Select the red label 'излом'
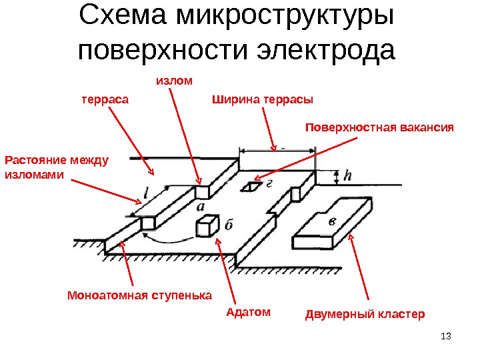click(173, 81)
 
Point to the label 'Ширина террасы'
click(262, 100)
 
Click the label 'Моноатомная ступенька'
click(139, 295)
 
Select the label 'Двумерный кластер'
click(364, 313)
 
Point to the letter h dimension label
click(346, 177)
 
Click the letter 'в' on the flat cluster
click(331, 221)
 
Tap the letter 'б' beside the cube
click(227, 226)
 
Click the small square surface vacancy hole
click(253, 187)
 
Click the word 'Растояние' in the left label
click(34, 160)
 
